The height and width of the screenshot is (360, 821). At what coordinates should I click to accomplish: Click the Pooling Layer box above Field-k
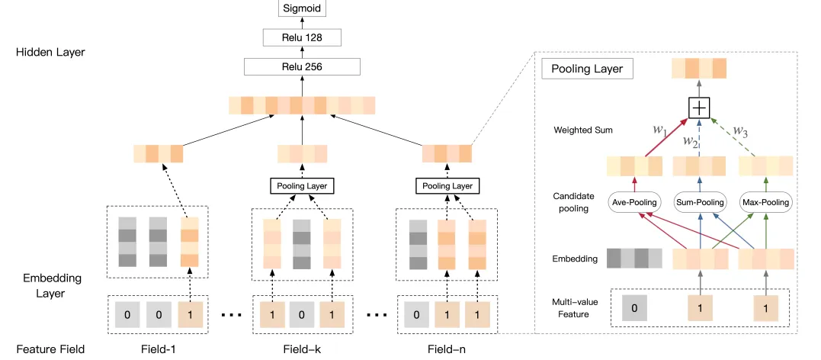click(303, 185)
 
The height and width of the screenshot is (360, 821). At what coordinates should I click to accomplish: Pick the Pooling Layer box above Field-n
click(447, 185)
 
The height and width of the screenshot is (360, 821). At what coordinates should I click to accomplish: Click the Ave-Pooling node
click(632, 202)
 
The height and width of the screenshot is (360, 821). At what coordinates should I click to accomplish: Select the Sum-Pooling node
click(698, 202)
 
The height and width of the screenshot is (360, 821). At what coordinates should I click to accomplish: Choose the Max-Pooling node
click(766, 202)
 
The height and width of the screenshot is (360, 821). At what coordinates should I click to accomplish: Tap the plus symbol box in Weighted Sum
click(698, 108)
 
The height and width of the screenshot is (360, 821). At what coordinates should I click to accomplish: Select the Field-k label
click(303, 350)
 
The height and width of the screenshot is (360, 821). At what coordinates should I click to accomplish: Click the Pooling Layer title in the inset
click(583, 69)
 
